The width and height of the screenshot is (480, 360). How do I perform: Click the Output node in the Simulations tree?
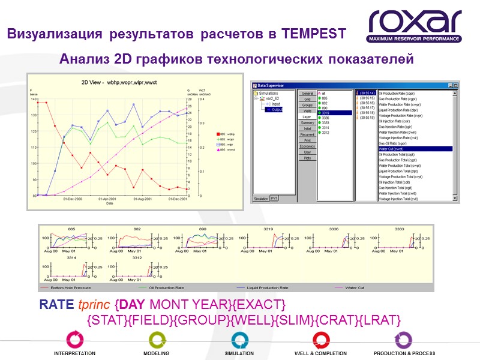(x=277, y=110)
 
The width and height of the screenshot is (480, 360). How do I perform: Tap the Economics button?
(x=307, y=146)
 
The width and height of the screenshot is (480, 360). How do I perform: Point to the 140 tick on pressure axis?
(x=34, y=99)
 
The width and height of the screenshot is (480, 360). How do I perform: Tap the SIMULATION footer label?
(x=239, y=353)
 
